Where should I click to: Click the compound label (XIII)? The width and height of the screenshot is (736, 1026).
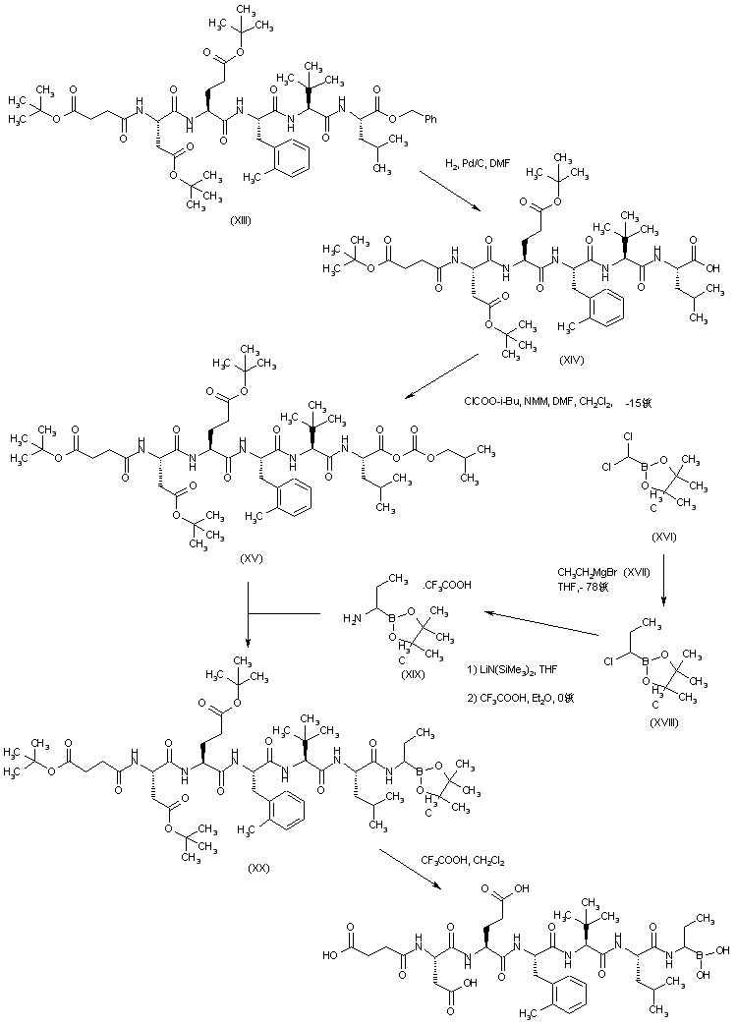click(240, 219)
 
